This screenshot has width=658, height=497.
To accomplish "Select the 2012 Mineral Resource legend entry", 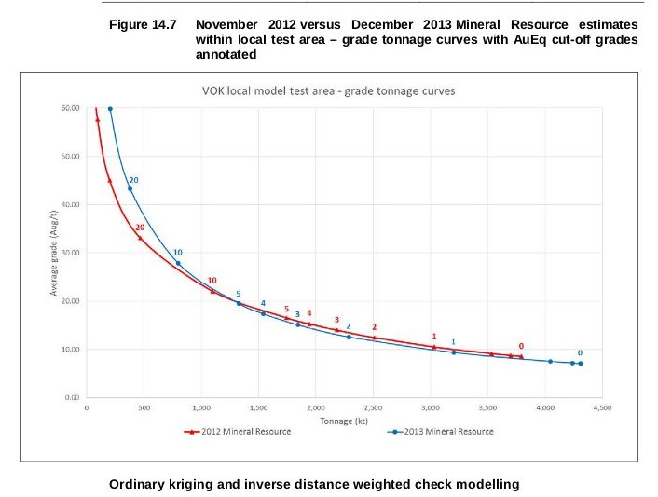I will point(240,432).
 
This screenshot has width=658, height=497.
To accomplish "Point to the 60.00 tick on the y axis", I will point(69,108).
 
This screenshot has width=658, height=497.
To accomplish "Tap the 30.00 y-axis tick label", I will point(69,253).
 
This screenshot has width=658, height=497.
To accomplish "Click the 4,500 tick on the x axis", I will point(601,407).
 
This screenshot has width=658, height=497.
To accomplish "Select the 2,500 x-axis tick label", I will point(373,407).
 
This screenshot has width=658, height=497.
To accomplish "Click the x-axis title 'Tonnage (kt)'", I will point(343,420).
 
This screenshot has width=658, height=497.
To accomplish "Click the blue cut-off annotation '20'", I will point(134,179).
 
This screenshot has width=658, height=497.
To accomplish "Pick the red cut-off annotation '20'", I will point(140,228).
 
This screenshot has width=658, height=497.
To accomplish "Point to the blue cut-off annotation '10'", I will point(177,253).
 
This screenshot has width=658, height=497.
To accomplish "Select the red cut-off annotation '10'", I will point(212,281).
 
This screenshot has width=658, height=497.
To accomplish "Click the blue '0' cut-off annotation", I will point(580,352).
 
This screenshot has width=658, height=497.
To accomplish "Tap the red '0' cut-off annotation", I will point(521,346).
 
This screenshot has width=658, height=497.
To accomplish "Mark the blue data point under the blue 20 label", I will point(130,188).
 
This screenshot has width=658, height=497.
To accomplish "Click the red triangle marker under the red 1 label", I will point(433,347).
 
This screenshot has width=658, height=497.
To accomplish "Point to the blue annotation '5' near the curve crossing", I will point(238,294).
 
